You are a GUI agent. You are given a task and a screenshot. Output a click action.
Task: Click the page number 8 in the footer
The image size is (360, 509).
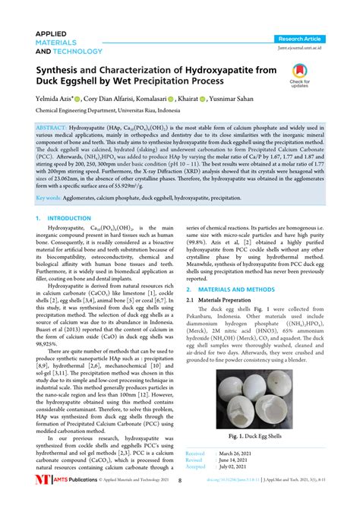coord(179,501)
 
